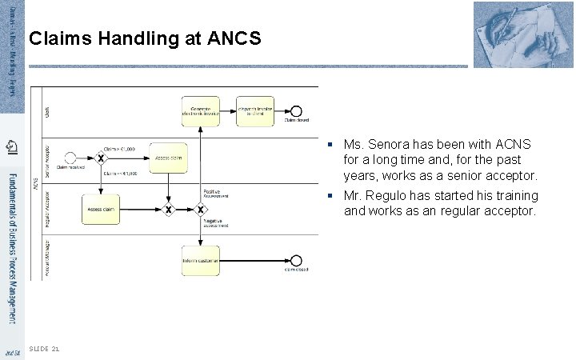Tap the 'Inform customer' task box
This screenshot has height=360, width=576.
point(202,260)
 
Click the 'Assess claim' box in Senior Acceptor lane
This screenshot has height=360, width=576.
point(168,157)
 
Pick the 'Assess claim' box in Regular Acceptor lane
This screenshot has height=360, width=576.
point(101,209)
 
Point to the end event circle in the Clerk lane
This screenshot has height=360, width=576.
point(297,111)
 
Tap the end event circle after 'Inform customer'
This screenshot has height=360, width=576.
point(297,260)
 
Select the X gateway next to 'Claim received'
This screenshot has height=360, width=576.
point(101,157)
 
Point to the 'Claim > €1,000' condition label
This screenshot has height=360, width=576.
point(119,149)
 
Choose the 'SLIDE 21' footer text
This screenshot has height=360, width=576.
point(43,349)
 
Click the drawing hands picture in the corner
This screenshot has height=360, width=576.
point(523,34)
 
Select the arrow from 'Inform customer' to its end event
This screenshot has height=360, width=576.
point(255,260)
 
